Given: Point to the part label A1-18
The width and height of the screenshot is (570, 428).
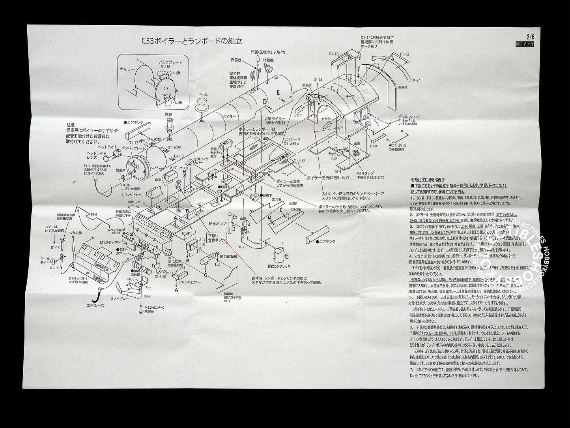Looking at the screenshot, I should [165, 67].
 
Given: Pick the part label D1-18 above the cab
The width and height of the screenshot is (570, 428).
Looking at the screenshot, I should [334, 54].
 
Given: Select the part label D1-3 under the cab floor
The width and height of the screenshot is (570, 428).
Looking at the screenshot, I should [337, 171].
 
